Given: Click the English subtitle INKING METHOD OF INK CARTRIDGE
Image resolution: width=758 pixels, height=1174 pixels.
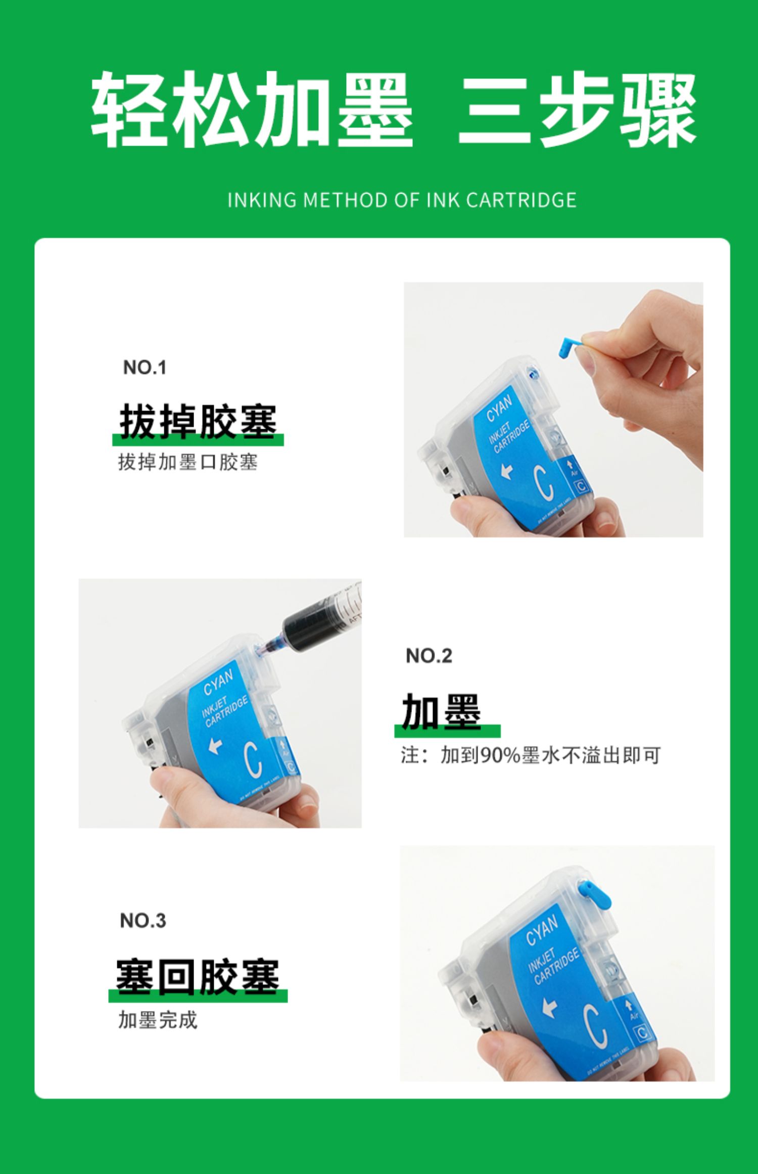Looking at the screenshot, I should pyautogui.click(x=402, y=200).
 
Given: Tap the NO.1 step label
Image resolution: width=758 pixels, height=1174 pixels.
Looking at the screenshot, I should pyautogui.click(x=145, y=368).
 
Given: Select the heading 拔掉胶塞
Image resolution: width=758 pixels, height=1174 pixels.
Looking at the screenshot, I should pyautogui.click(x=198, y=422).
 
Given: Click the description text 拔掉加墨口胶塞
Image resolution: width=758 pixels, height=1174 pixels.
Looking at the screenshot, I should pyautogui.click(x=188, y=462).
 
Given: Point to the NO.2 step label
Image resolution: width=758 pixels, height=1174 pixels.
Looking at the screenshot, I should pyautogui.click(x=429, y=656).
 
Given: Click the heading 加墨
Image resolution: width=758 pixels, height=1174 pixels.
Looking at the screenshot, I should pyautogui.click(x=442, y=711).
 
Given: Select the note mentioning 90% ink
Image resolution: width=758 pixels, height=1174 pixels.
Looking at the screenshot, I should pyautogui.click(x=531, y=755).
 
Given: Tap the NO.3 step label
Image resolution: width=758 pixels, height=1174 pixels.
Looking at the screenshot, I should pyautogui.click(x=143, y=921).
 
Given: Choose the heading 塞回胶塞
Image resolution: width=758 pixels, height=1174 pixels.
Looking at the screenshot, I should pyautogui.click(x=198, y=976).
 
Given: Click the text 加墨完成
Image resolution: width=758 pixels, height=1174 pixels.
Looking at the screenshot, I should pyautogui.click(x=158, y=1020).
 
